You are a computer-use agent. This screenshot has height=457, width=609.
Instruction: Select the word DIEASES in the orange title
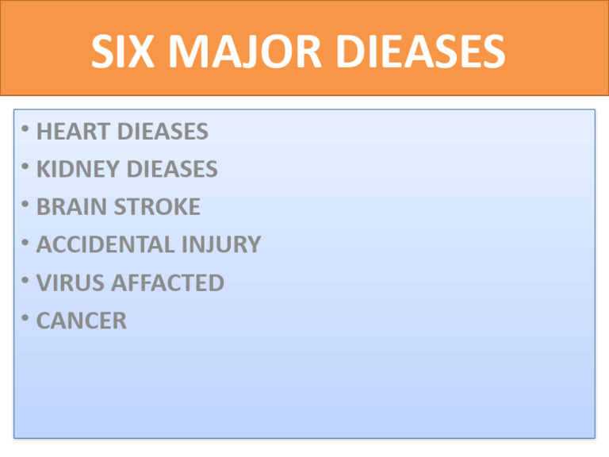click(411, 55)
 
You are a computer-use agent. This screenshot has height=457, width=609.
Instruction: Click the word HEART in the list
click(73, 132)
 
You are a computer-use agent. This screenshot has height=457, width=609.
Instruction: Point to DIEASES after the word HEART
click(163, 132)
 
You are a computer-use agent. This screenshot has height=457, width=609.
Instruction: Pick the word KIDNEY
click(77, 170)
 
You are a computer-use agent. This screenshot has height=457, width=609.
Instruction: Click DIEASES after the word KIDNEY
click(171, 170)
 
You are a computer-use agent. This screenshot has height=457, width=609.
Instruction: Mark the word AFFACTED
click(168, 283)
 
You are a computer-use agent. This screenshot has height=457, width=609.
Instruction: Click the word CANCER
click(81, 321)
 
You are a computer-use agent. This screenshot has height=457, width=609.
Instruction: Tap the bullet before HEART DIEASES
click(27, 129)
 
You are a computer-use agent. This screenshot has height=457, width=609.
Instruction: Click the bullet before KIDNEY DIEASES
click(27, 167)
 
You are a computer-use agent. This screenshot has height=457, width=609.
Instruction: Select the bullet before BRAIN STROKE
click(27, 205)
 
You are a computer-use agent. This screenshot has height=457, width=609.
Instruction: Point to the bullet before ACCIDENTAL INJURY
click(27, 243)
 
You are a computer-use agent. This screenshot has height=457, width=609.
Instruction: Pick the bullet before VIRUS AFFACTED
click(27, 281)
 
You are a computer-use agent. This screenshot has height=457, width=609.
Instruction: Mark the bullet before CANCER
click(27, 319)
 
